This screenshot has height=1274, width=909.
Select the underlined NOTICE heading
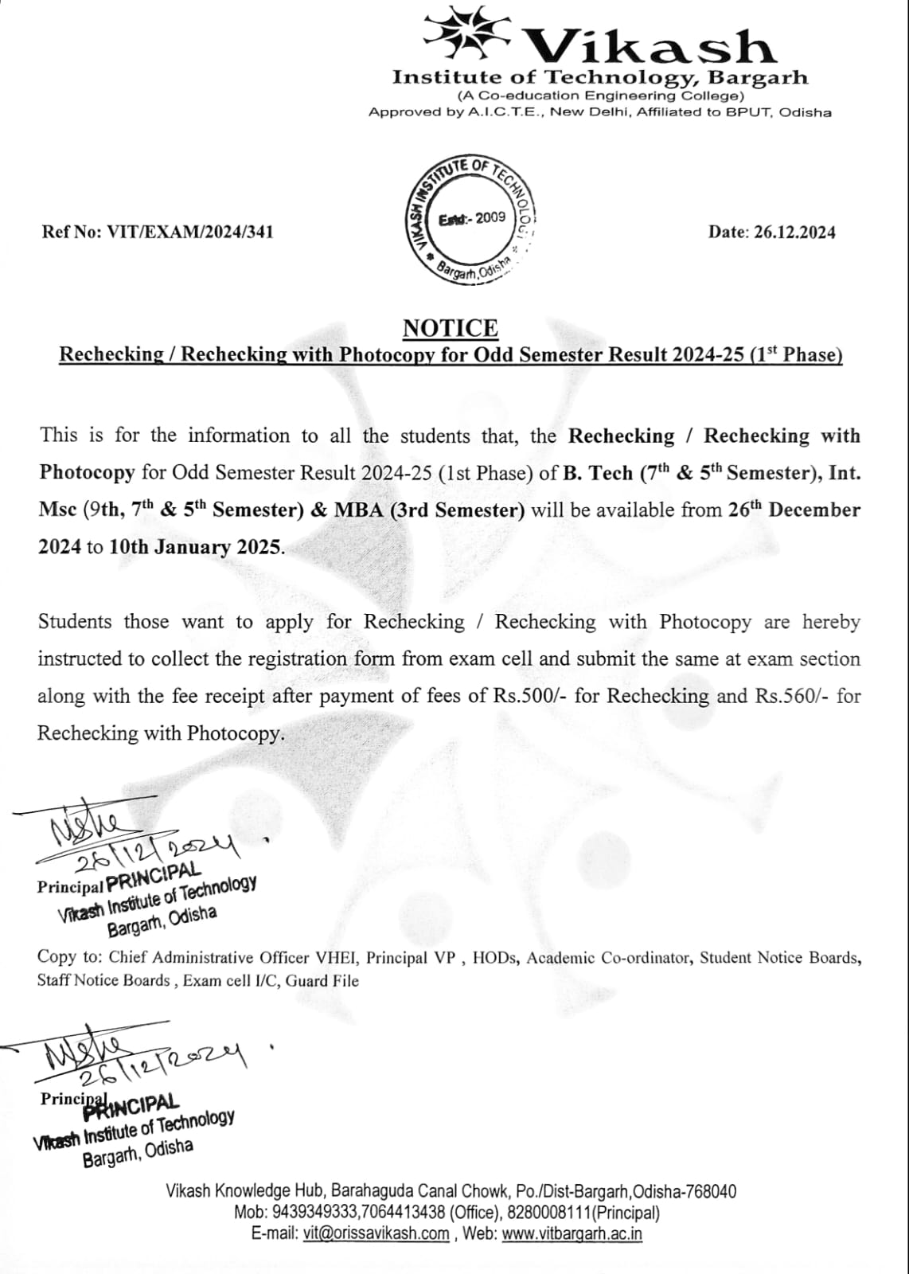tap(451, 328)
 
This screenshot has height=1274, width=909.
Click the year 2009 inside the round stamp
tap(490, 217)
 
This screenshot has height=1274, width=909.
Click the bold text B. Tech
tap(599, 473)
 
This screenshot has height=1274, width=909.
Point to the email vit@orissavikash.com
tap(376, 1234)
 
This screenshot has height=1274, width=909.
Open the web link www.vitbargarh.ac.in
tap(572, 1234)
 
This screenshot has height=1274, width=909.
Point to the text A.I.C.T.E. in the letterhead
tap(505, 112)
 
